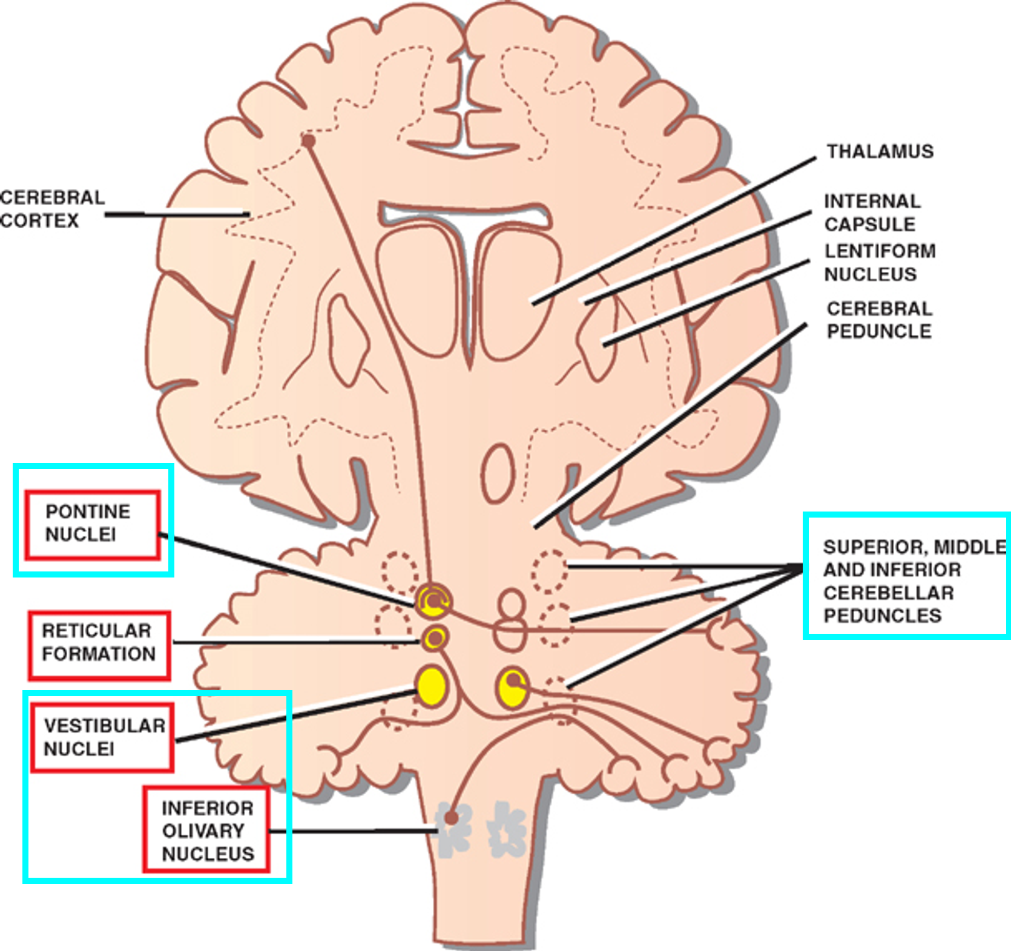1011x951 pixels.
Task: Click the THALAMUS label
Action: point(880,151)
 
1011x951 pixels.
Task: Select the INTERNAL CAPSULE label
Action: point(872,212)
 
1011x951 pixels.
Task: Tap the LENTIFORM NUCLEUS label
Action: point(880,263)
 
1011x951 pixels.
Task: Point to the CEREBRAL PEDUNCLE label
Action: point(880,320)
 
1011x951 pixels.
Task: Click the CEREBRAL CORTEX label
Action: point(52,209)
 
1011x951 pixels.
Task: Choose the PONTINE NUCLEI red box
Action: point(93,524)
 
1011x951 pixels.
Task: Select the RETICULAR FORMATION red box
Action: point(99,645)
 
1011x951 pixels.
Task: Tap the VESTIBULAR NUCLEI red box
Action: point(102,737)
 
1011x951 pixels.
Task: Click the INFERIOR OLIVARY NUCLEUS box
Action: point(206,830)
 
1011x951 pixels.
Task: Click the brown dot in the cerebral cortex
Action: point(309,141)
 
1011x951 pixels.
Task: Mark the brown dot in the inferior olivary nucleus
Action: point(451,818)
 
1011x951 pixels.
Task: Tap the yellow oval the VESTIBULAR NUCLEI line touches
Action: point(431,686)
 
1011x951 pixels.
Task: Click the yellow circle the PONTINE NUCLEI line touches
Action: point(433,600)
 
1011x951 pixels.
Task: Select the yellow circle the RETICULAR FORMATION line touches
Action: point(435,638)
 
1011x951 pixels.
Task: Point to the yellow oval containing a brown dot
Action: point(513,687)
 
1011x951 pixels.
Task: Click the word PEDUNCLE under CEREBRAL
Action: point(880,332)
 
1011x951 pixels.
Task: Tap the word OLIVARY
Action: point(203,831)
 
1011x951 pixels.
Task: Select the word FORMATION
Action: point(99,654)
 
